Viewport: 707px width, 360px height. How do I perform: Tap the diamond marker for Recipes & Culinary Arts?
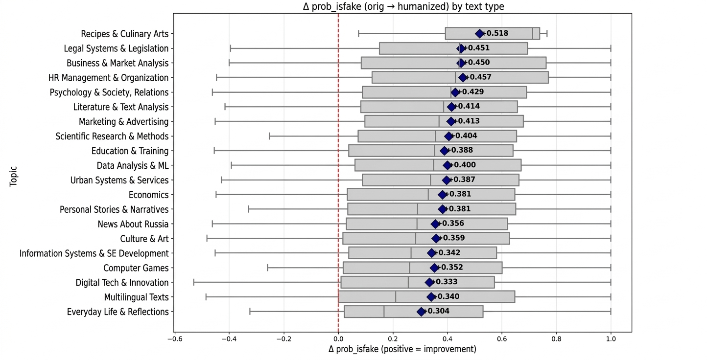pos(479,34)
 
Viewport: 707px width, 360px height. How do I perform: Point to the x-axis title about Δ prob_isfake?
pos(402,349)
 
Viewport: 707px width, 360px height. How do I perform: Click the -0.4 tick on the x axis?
pos(229,339)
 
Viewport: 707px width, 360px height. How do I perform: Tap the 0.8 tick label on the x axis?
pos(556,339)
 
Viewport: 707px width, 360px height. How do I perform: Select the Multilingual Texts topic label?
pos(136,297)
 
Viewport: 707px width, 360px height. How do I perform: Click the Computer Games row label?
pos(136,268)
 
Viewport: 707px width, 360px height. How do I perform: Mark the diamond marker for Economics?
pos(443,195)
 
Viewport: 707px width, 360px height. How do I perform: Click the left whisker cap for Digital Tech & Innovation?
pos(194,282)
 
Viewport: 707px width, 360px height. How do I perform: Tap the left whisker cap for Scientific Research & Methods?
pos(269,136)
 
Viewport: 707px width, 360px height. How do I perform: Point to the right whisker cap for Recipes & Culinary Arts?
pos(547,34)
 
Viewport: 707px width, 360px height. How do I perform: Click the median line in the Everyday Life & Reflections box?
pos(384,312)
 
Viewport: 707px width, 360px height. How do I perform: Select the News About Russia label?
pos(133,224)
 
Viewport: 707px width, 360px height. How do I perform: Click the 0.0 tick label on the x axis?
pos(338,339)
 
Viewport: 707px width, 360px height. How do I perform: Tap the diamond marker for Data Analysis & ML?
pos(447,165)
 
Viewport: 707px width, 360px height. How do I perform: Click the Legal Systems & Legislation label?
pos(116,48)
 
